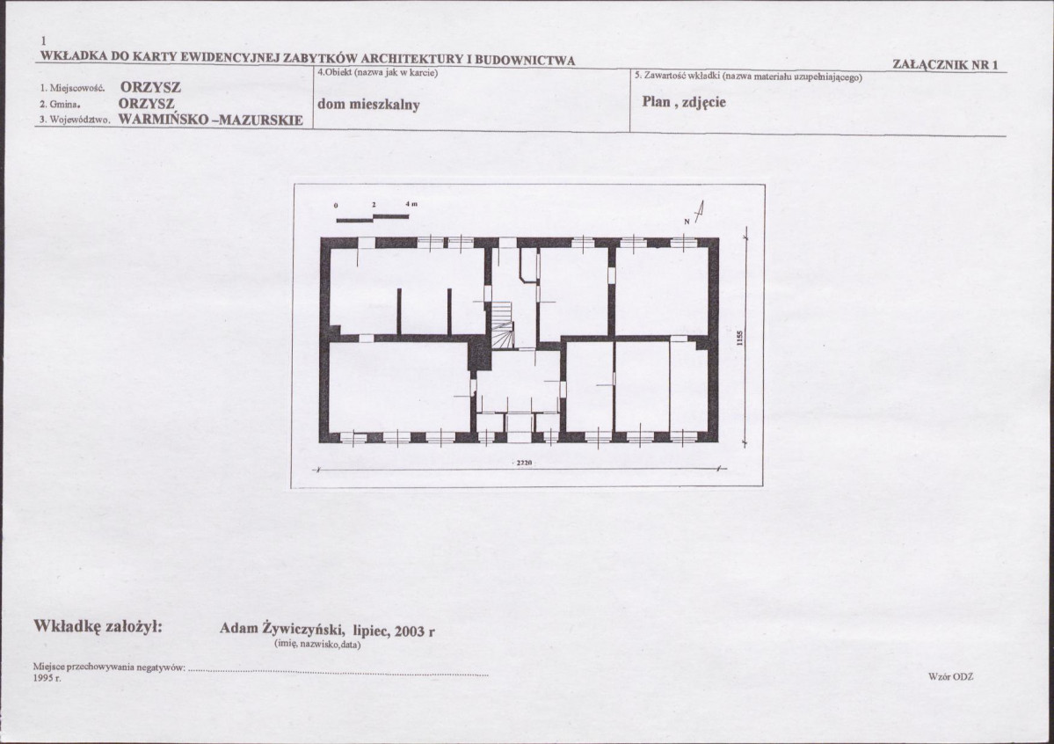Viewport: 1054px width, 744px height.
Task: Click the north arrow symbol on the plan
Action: (x=698, y=212)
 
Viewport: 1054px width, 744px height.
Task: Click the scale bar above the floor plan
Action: (x=373, y=217)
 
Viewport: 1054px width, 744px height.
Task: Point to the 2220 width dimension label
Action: (x=524, y=463)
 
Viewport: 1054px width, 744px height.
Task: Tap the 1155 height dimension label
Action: (x=739, y=338)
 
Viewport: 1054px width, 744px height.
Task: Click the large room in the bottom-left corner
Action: (x=398, y=387)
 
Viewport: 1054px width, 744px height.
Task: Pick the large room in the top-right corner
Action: (x=662, y=291)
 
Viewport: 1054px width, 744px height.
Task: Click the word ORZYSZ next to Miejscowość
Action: (x=150, y=87)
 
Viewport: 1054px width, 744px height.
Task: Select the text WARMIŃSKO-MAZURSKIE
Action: (x=210, y=120)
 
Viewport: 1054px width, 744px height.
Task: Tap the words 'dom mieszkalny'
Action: (x=368, y=105)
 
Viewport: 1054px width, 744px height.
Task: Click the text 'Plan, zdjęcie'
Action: (x=684, y=102)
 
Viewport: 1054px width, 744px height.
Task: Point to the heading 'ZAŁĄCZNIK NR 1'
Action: (x=945, y=64)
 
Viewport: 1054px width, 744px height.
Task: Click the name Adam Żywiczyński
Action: (x=281, y=629)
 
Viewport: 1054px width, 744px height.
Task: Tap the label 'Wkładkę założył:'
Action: (x=98, y=626)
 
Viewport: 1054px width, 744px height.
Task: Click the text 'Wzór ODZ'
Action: (x=950, y=676)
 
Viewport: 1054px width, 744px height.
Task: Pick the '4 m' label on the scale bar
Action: (x=411, y=204)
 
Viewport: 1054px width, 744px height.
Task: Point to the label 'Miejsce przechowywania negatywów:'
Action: (x=109, y=667)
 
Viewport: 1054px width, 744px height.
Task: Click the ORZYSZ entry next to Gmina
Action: (x=147, y=105)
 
